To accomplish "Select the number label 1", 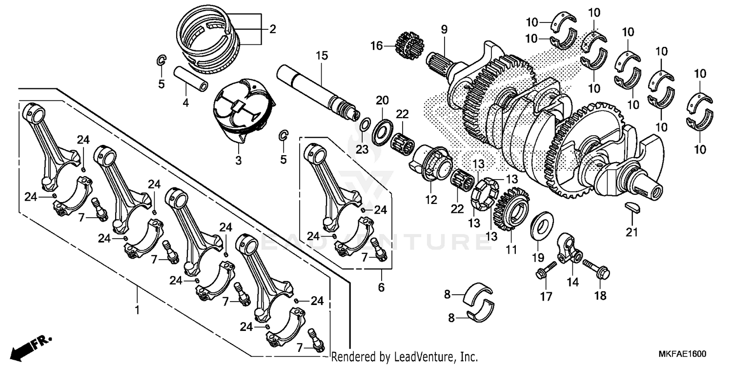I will pos(137,310).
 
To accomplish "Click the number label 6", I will pos(381,288).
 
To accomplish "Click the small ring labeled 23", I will pos(364,128).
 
